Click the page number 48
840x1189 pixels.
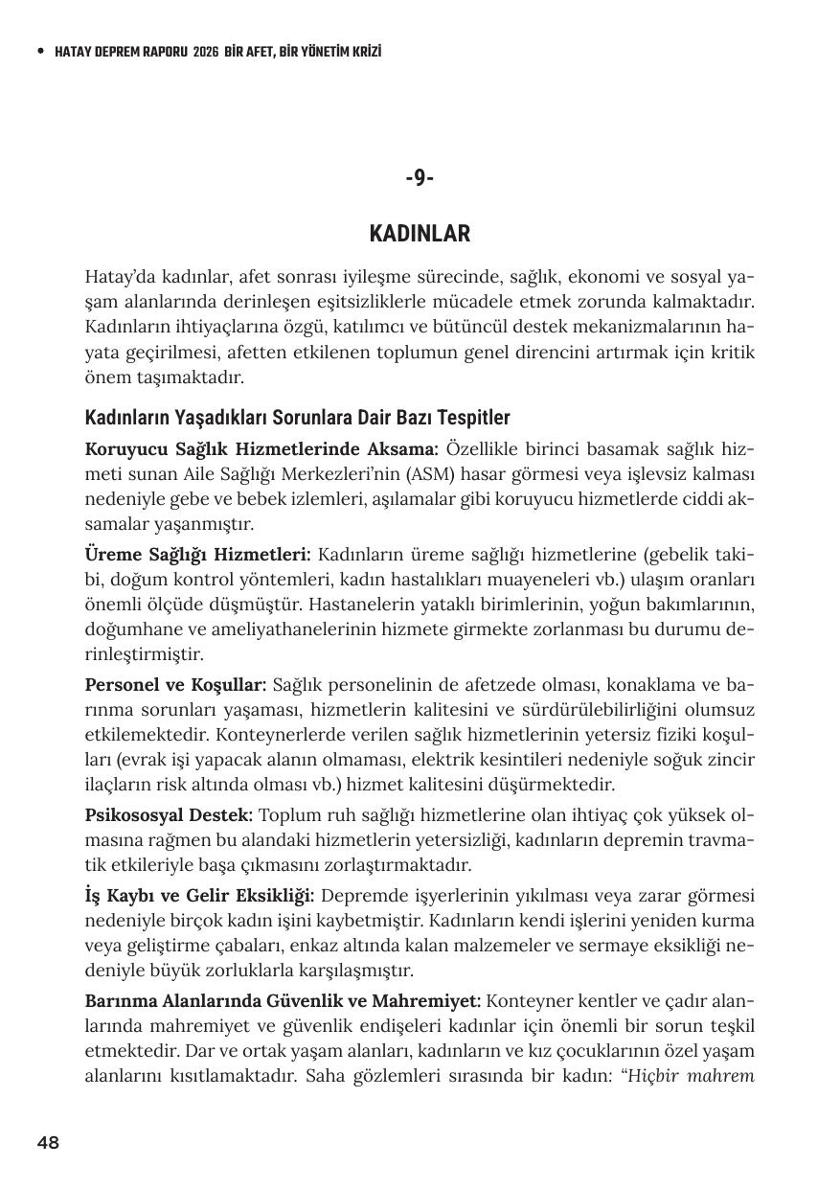tap(48, 1142)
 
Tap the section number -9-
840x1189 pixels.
tap(420, 178)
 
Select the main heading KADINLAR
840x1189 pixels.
tap(420, 235)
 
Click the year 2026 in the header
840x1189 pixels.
tap(205, 52)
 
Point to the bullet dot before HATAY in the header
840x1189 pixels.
tap(40, 52)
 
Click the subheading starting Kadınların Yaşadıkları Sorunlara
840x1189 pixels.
tap(297, 418)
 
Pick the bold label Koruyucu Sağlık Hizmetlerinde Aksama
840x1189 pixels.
tap(261, 449)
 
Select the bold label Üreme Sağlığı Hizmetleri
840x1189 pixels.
tap(197, 555)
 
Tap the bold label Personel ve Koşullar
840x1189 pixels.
tap(175, 685)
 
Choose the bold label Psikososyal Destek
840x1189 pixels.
tap(169, 815)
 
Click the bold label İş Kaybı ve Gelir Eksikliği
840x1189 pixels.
tap(200, 896)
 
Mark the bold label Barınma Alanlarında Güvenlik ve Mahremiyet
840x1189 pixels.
tap(283, 1001)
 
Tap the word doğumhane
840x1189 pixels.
tap(128, 629)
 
